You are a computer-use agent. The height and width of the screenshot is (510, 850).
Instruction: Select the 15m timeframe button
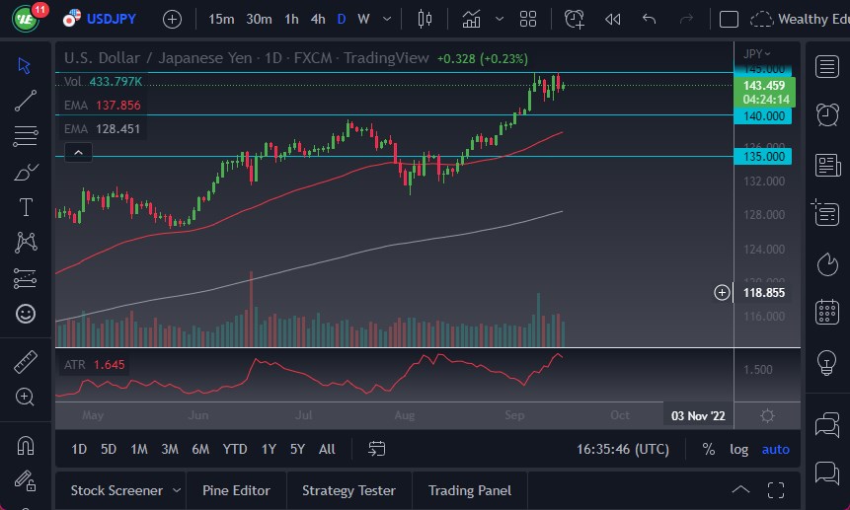click(222, 19)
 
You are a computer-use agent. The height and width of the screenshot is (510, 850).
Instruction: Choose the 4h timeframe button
click(317, 19)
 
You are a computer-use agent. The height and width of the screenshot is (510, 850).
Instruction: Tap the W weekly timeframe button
click(363, 19)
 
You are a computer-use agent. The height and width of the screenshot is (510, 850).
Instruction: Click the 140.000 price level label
click(763, 115)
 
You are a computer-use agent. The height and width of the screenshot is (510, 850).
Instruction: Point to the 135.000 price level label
click(763, 156)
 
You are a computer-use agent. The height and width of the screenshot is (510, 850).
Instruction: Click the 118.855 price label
click(763, 293)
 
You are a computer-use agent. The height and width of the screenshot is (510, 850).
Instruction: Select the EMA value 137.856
click(116, 106)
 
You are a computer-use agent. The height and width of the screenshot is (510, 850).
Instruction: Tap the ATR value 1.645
click(110, 365)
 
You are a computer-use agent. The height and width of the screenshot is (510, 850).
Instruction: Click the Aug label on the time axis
click(403, 416)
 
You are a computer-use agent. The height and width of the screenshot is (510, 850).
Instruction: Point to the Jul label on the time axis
click(303, 416)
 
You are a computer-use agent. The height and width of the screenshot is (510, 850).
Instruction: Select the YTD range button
click(234, 449)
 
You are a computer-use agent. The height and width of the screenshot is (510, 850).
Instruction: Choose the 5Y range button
click(297, 449)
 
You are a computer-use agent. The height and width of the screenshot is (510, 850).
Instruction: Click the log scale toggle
click(738, 449)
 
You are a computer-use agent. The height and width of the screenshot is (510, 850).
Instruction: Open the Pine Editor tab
click(237, 490)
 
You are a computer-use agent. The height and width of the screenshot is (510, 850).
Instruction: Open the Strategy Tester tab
click(348, 490)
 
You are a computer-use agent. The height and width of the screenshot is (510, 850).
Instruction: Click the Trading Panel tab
click(469, 490)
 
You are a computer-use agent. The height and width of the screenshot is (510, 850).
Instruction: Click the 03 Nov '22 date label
click(698, 416)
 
